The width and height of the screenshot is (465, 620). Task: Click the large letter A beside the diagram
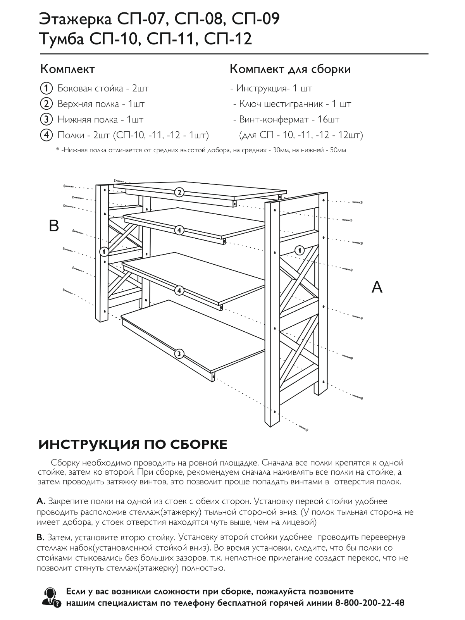pos(377,287)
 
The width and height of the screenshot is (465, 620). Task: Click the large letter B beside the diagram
pos(54,226)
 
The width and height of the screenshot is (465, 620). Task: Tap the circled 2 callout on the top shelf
pos(179,192)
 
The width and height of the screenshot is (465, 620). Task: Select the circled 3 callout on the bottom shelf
pos(179,353)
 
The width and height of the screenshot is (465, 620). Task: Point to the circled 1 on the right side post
pos(299,250)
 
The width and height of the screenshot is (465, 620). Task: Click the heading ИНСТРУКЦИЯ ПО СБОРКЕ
pos(133,444)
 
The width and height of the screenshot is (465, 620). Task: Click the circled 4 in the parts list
pos(46,135)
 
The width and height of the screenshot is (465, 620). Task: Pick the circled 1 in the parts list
pos(46,88)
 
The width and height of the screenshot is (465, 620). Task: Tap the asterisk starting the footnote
pos(57,150)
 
